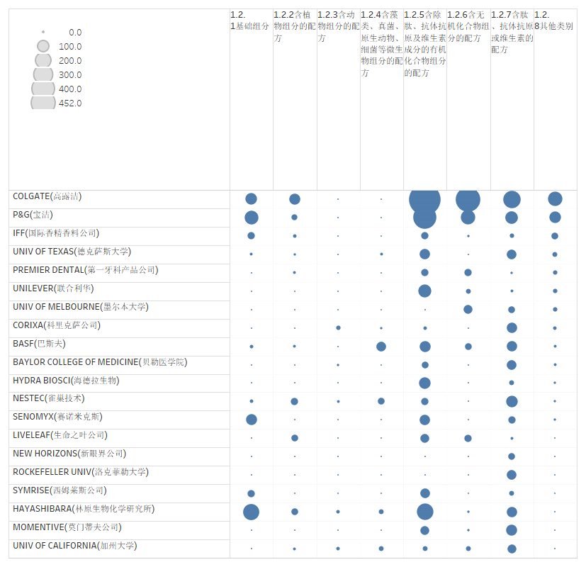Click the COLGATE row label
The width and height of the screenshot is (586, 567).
coord(47,196)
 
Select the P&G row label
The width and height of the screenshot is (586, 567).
coord(33,215)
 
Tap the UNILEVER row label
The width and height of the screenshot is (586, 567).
coord(53,288)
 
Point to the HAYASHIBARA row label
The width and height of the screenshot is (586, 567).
coord(84,509)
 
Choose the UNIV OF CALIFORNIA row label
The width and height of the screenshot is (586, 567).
coord(74,546)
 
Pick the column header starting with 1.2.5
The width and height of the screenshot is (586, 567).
coord(425,43)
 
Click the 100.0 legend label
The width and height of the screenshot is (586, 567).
coord(70,47)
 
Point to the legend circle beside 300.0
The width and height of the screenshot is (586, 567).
coord(43,74)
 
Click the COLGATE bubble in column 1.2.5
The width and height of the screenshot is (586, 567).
coord(424,199)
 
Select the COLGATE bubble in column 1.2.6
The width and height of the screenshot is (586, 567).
coord(468,199)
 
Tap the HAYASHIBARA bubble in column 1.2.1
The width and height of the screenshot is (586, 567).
coord(251,512)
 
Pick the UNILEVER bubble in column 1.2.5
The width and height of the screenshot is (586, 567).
coord(424,291)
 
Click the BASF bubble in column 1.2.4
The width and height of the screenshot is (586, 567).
coord(381,347)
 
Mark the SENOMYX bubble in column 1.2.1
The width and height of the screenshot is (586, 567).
coord(251,420)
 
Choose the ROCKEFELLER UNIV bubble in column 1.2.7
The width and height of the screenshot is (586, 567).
coord(512,475)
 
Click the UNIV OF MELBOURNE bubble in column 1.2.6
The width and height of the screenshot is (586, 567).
coord(468,309)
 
